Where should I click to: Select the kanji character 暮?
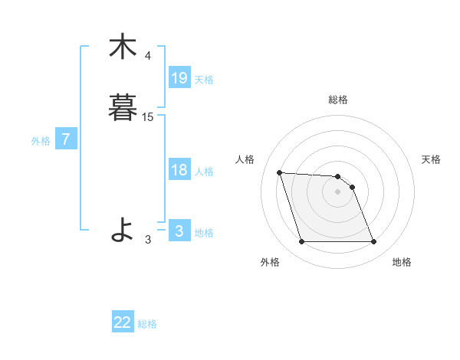(x=123, y=107)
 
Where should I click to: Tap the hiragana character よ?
(x=123, y=229)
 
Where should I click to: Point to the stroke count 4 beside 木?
(x=148, y=56)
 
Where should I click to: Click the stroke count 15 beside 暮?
(x=148, y=117)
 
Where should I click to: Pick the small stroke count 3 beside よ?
(x=148, y=239)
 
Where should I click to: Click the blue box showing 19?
(x=179, y=78)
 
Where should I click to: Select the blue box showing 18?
(x=179, y=170)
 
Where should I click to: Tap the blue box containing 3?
(x=179, y=231)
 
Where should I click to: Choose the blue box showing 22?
(x=123, y=322)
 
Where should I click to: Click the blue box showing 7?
(x=66, y=139)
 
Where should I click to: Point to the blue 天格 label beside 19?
(x=204, y=80)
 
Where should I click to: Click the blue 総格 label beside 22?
(x=147, y=324)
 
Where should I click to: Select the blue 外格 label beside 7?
(x=40, y=141)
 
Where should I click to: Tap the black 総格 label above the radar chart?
(x=338, y=100)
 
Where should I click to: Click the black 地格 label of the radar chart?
(x=402, y=262)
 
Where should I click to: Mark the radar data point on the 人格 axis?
(x=280, y=172)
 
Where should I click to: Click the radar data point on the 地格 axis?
(x=374, y=242)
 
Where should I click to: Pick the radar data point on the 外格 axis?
(x=301, y=242)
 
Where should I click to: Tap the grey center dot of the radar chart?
(x=338, y=191)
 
